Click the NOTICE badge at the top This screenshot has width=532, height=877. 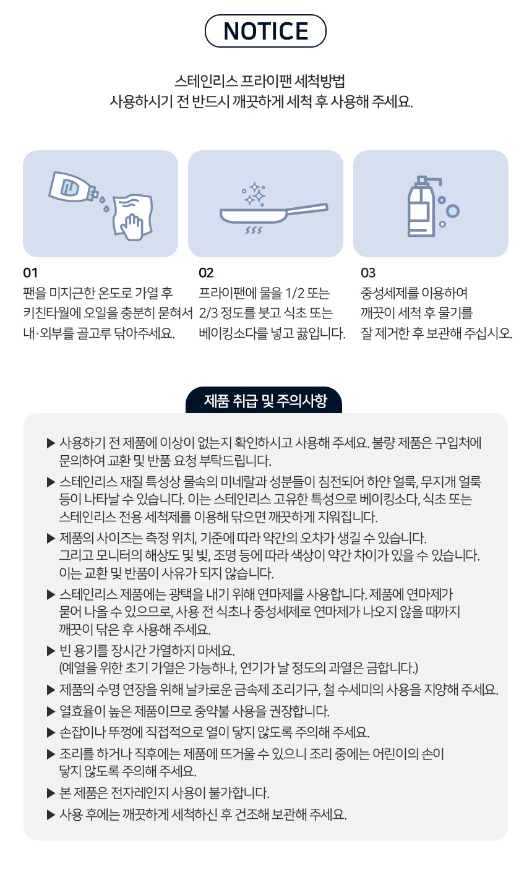265,31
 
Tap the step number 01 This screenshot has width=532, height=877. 30,273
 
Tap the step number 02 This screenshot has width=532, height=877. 206,273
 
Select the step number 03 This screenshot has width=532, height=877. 368,273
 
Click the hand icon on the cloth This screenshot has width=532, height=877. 132,227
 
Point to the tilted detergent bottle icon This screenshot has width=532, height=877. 73,187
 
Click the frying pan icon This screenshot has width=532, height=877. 273,214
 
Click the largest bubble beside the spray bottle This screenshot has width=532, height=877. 453,211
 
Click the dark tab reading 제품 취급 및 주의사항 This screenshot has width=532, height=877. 264,400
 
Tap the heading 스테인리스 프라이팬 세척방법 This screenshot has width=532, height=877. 260,81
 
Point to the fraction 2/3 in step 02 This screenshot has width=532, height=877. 208,313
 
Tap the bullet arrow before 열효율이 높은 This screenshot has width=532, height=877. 51,711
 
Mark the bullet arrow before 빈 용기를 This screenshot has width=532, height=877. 51,651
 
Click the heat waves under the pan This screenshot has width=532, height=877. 254,230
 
